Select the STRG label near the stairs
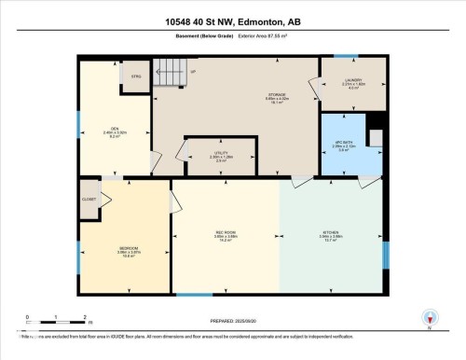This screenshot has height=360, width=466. tap(135, 76)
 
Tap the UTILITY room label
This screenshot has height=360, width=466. tap(220, 155)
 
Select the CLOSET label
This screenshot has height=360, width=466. tap(89, 199)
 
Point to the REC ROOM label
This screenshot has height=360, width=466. tap(225, 234)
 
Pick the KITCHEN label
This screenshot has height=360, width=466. tap(331, 234)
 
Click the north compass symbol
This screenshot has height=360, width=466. tap(429, 319)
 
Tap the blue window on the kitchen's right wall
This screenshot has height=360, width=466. tap(385, 256)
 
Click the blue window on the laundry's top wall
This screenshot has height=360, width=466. tap(344, 55)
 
